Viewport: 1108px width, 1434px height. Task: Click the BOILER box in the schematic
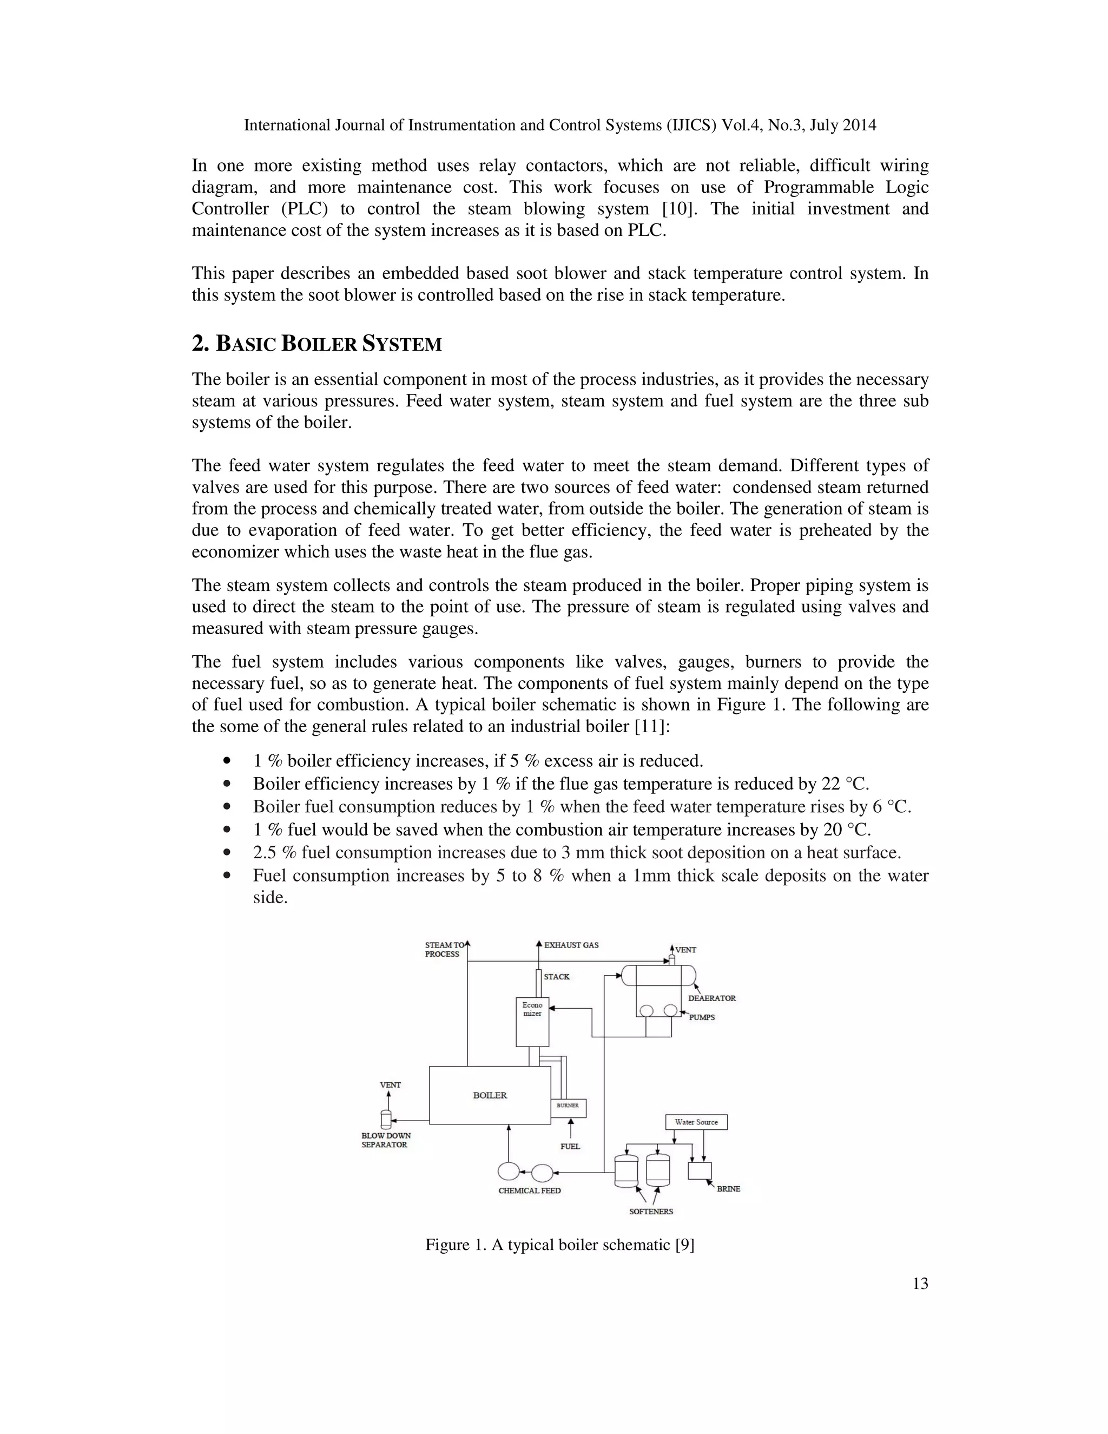[490, 1095]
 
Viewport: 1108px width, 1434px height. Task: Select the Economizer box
[532, 1022]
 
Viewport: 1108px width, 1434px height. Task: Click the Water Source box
[696, 1122]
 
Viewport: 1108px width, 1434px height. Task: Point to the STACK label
[557, 977]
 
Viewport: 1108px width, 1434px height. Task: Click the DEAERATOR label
[711, 998]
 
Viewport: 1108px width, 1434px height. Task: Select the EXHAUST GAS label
[571, 945]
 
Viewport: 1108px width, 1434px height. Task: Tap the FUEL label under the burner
[570, 1147]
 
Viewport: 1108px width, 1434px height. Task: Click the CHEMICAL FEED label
[529, 1190]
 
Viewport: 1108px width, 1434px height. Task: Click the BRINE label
[728, 1189]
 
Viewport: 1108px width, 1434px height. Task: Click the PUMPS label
[702, 1017]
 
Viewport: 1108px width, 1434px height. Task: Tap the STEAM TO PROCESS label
[443, 950]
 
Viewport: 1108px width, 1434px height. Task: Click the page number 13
[920, 1284]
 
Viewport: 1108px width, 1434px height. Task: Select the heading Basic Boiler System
[316, 344]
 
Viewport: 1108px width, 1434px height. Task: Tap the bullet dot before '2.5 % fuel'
[227, 852]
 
